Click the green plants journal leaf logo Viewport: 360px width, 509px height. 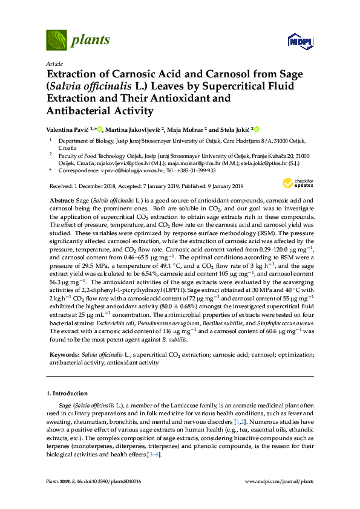point(56,41)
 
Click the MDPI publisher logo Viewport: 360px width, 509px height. point(300,41)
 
